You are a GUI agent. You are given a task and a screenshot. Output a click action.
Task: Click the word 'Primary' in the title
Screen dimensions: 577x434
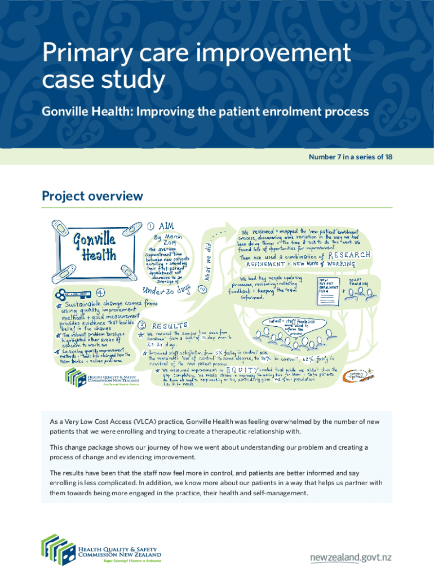[82, 55]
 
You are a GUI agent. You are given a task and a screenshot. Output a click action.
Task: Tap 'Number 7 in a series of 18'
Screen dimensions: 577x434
[350, 156]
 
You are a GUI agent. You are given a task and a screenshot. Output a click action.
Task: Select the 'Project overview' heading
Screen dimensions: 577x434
[92, 196]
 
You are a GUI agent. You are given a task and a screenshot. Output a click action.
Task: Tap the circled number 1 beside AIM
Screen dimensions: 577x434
[151, 227]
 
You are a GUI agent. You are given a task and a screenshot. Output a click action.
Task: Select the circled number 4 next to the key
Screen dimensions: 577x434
[100, 293]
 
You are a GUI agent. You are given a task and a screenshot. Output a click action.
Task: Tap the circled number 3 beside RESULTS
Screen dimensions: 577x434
[143, 325]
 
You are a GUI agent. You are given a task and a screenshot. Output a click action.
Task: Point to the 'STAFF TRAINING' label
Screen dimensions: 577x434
[359, 282]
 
